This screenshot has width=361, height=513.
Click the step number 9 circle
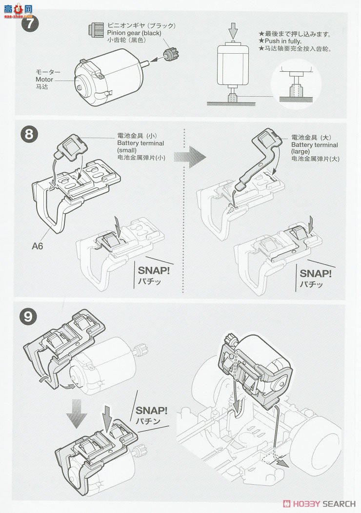[30, 316]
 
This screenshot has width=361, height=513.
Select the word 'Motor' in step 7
[44, 79]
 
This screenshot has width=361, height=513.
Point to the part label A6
[38, 246]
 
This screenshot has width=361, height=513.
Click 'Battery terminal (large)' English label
[314, 145]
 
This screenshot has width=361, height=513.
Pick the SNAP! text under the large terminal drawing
[315, 274]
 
